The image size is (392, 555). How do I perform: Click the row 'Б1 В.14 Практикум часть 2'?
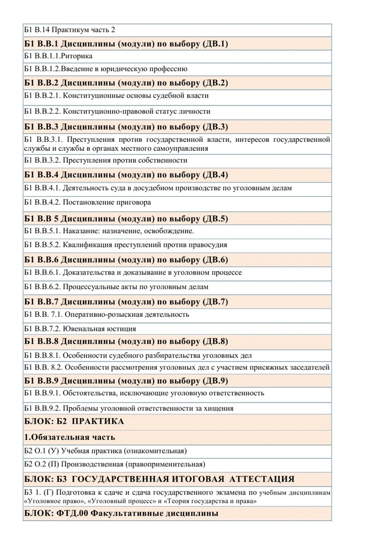tap(69, 30)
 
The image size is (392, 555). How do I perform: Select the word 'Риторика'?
tap(77, 56)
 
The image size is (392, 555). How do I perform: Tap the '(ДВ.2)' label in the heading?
tap(213, 83)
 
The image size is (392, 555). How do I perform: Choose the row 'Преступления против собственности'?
tap(124, 160)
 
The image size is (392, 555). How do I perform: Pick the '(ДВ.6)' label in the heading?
tap(213, 260)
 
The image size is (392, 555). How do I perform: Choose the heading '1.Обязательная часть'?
tap(69, 437)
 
